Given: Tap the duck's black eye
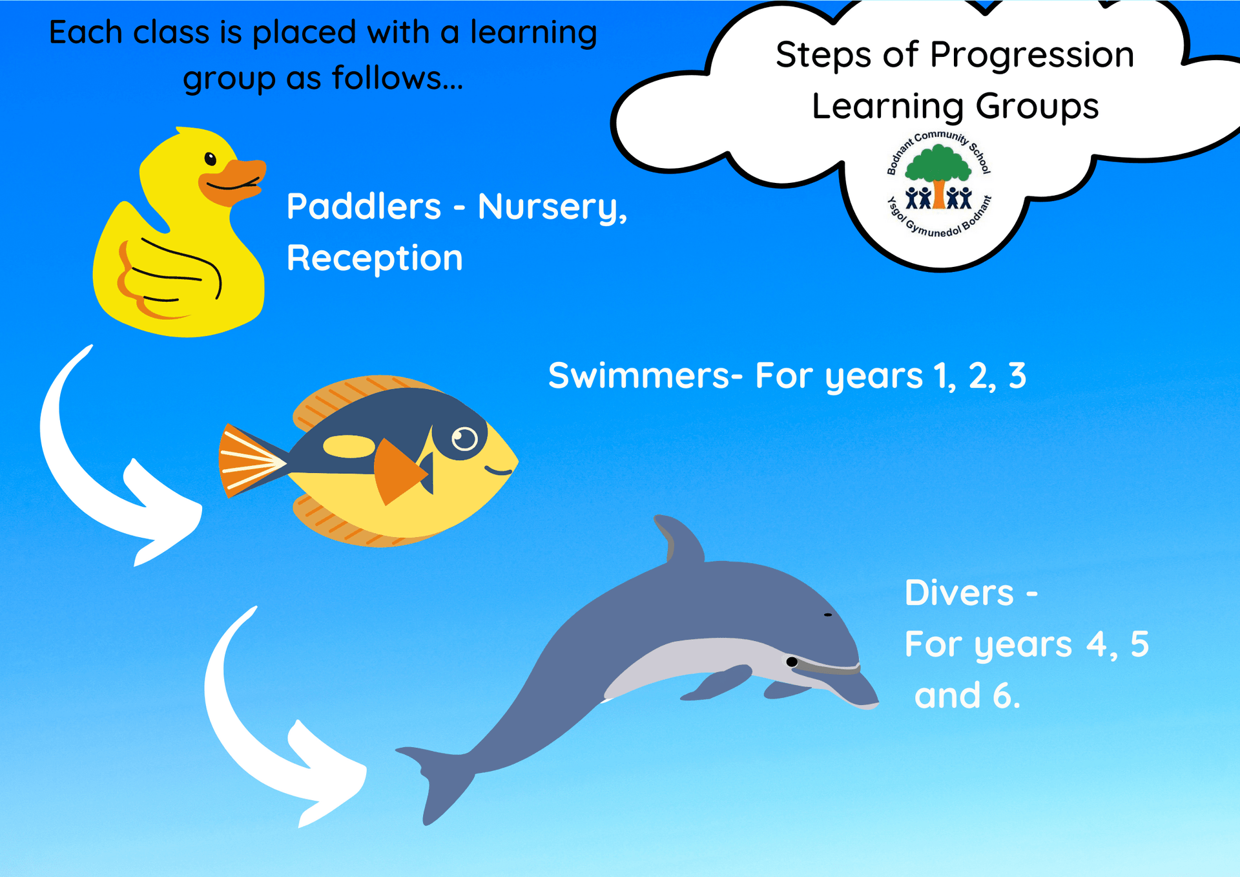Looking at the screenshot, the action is click(211, 158).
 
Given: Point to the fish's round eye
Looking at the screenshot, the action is click(464, 439).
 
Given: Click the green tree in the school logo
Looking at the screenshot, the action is click(938, 165).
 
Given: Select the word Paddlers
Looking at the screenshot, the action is click(364, 207).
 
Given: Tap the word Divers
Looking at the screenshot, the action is click(959, 593).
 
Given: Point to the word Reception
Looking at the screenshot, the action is click(375, 259).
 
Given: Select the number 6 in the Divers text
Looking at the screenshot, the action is click(1002, 695).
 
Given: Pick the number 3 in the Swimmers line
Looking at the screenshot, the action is click(1017, 375).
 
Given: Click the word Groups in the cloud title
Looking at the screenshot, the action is click(1037, 107).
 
